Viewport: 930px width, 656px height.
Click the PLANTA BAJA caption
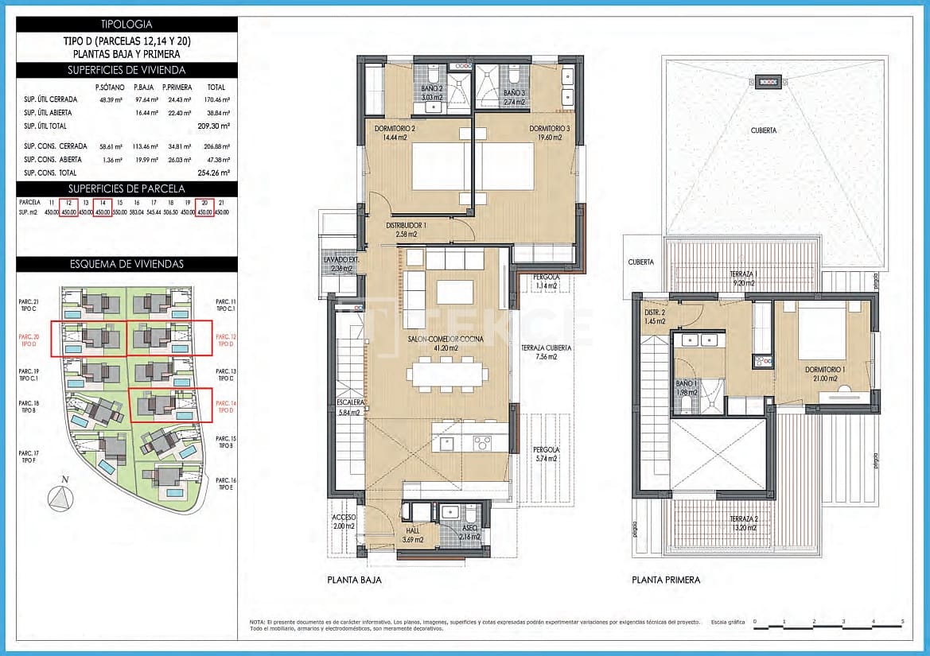pos(354,580)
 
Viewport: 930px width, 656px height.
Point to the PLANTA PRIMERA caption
pos(666,580)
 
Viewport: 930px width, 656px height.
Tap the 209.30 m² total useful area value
pos(214,126)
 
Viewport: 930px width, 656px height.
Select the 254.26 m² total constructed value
pos(214,172)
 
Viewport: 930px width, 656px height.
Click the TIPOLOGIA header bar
pos(127,25)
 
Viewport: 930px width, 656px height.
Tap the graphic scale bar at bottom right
pos(827,628)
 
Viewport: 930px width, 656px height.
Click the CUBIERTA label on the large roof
pos(762,130)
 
